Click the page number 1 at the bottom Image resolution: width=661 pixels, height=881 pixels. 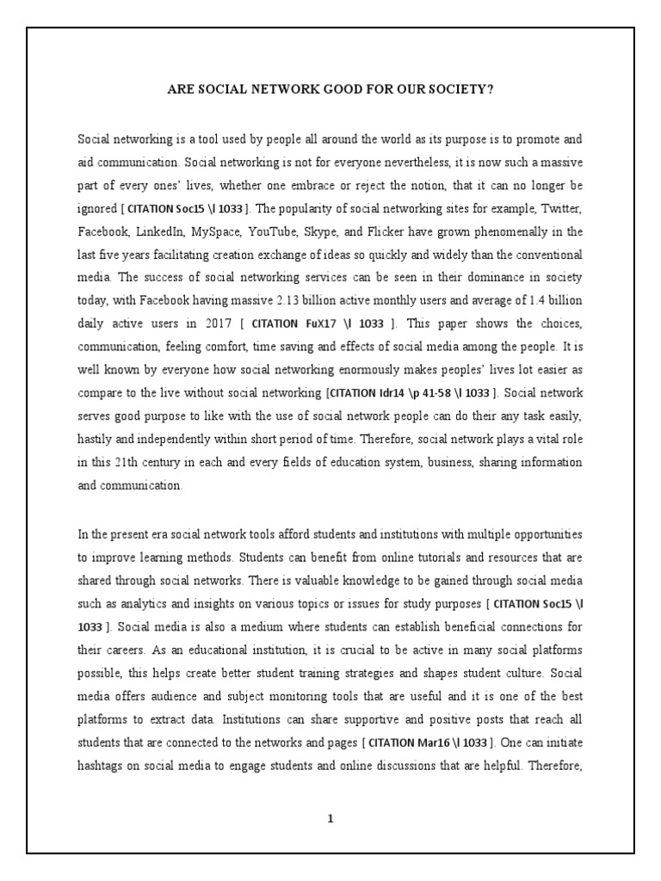tap(330, 818)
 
